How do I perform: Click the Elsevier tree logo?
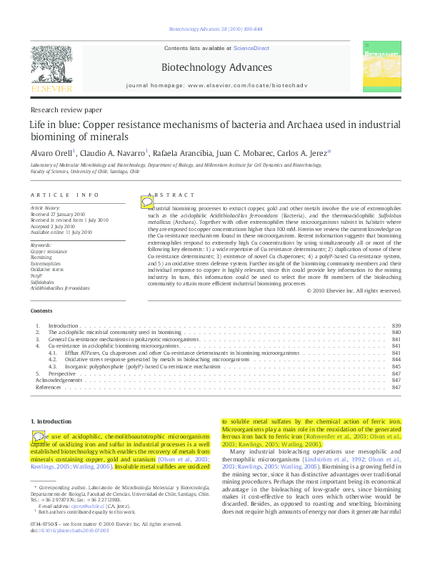pyautogui.click(x=51, y=67)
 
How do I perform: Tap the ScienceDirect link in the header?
pyautogui.click(x=251, y=48)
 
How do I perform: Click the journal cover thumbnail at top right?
pyautogui.click(x=379, y=68)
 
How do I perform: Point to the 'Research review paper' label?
pyautogui.click(x=66, y=110)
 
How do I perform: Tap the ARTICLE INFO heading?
pyautogui.click(x=65, y=195)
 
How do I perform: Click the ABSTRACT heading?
pyautogui.click(x=172, y=195)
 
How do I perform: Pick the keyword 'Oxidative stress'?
pyautogui.click(x=47, y=270)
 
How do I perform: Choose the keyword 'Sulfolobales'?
pyautogui.click(x=42, y=282)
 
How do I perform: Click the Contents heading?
pyautogui.click(x=41, y=311)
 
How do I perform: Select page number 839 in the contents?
pyautogui.click(x=396, y=325)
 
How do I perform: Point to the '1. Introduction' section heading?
pyautogui.click(x=52, y=422)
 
